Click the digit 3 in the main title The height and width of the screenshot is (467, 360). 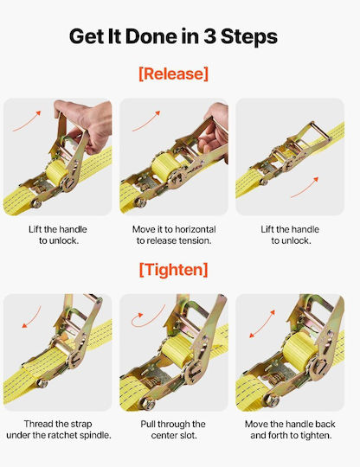coord(210,36)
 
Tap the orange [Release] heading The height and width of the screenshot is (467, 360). coord(173,74)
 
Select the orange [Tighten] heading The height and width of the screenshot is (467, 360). coord(173,270)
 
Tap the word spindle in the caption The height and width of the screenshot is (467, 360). coord(94,435)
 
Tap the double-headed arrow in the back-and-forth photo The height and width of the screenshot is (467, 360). coord(262,324)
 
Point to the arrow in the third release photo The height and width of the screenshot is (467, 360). coord(305,188)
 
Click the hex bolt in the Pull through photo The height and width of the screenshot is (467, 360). coord(147,404)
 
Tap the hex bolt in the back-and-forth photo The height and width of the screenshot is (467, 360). coord(272,400)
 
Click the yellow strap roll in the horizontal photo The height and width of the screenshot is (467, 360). coord(164,166)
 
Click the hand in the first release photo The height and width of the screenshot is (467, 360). coord(85,124)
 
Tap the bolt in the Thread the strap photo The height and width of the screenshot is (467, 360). coord(42,383)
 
